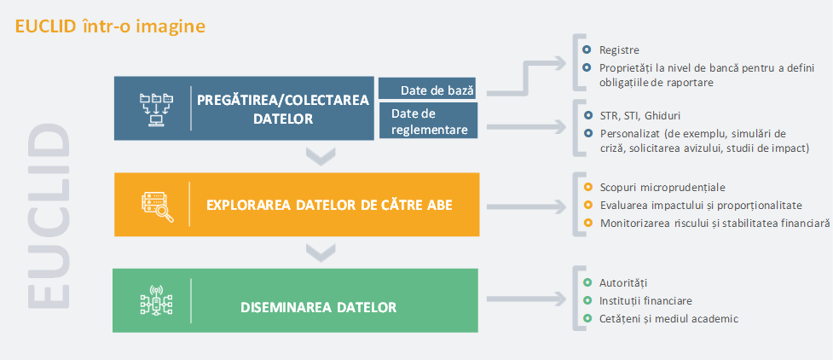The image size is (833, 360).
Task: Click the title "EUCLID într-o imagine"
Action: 111,26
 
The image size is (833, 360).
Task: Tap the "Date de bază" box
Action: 428,88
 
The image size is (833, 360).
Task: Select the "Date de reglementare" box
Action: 428,121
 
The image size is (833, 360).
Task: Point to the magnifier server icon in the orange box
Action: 157,206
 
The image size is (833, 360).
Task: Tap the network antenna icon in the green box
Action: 156,301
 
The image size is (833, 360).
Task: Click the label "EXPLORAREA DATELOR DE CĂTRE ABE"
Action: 329,205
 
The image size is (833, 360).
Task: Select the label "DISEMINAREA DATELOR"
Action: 318,307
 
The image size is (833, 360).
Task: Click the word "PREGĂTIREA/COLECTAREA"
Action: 282,101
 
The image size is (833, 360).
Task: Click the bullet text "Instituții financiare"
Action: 645,301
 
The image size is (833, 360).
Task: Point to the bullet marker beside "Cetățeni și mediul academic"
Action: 587,318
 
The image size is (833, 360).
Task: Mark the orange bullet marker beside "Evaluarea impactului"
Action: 587,205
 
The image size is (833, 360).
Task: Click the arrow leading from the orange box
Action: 526,206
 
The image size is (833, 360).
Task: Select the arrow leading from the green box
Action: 526,301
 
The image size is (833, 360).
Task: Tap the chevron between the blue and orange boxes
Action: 321,156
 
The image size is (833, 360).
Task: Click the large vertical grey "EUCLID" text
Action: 48,217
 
